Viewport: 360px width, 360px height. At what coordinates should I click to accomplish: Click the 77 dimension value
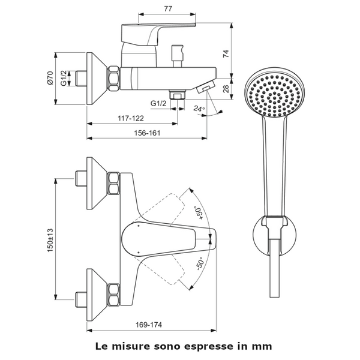(168, 8)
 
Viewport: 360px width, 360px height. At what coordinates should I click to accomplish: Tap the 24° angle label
(199, 109)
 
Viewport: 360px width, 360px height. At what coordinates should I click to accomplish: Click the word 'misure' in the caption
(131, 346)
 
